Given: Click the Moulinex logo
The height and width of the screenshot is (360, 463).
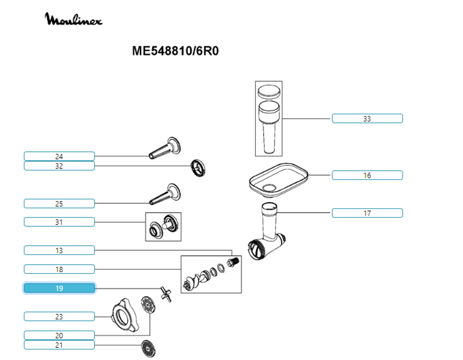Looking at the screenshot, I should point(74,19).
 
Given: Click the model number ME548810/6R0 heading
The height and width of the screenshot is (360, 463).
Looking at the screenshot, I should point(175,51).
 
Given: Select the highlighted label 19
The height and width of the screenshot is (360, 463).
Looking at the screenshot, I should point(59,288).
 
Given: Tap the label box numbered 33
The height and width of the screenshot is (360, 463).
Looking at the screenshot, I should point(367,118).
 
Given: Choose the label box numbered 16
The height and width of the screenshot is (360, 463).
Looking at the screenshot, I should point(367,175).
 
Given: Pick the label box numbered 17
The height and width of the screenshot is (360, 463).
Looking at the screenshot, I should point(367,213).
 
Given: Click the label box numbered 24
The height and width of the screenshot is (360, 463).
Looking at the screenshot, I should point(59,156).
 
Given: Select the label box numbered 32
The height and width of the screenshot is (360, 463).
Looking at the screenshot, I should point(59,166).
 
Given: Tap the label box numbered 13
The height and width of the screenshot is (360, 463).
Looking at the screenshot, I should point(59,250).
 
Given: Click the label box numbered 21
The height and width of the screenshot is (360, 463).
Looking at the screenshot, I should point(59,345).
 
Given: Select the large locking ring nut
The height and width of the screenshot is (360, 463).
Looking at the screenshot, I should point(124,317).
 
